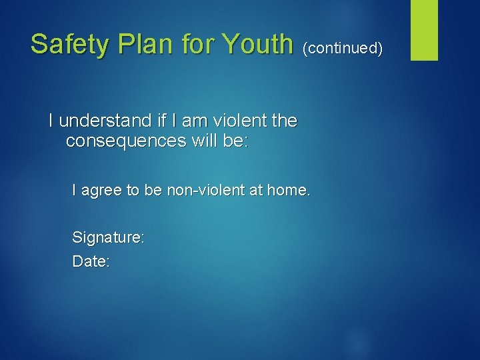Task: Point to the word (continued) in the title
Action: click(x=343, y=48)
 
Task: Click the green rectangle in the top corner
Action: click(x=423, y=29)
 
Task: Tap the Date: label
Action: click(x=91, y=261)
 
